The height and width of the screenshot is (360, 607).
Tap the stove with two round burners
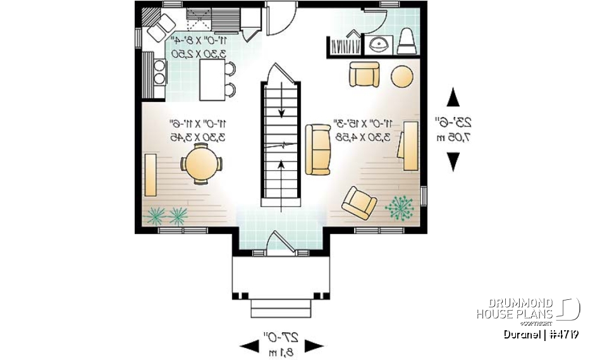coord(157,69)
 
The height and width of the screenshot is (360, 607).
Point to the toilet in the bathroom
coord(406,41)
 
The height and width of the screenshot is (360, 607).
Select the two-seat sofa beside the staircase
coord(318,149)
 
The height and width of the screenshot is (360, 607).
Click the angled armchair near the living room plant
coord(359,203)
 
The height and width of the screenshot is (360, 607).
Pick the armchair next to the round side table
coord(365,75)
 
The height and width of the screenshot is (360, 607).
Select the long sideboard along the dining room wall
coord(150,175)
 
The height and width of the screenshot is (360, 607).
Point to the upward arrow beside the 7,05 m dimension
coord(453,99)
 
